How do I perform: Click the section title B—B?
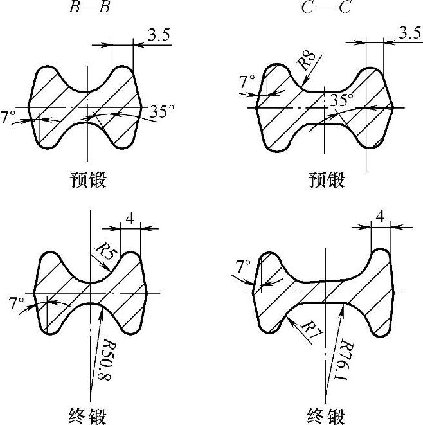(x=87, y=8)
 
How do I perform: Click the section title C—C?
(x=321, y=8)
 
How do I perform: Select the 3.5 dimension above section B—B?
(x=158, y=35)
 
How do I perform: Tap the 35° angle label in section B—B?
(x=162, y=111)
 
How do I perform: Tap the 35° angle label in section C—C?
(x=342, y=100)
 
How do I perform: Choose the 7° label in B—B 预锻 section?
(x=9, y=118)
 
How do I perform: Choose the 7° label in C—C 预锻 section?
(x=248, y=82)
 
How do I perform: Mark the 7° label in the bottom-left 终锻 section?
(x=17, y=302)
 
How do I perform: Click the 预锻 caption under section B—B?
(x=87, y=180)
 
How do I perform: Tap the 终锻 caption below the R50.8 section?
(x=87, y=413)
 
